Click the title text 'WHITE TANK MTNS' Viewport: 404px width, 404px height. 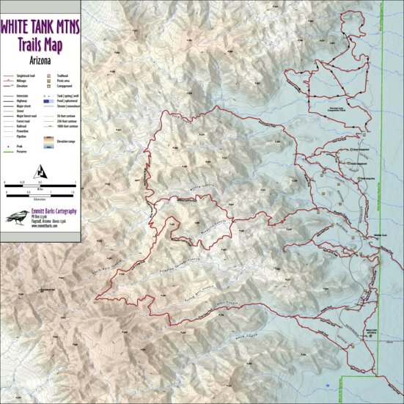[x=40, y=28]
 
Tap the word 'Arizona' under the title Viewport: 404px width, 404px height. [x=40, y=59]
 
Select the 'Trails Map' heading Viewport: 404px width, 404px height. [x=40, y=44]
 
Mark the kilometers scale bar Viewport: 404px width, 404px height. [x=40, y=194]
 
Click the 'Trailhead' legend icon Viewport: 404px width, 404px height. [x=48, y=76]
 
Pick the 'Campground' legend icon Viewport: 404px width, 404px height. [x=48, y=86]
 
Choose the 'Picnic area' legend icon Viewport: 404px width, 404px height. [x=48, y=81]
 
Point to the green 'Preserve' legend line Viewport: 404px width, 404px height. [x=7, y=151]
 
